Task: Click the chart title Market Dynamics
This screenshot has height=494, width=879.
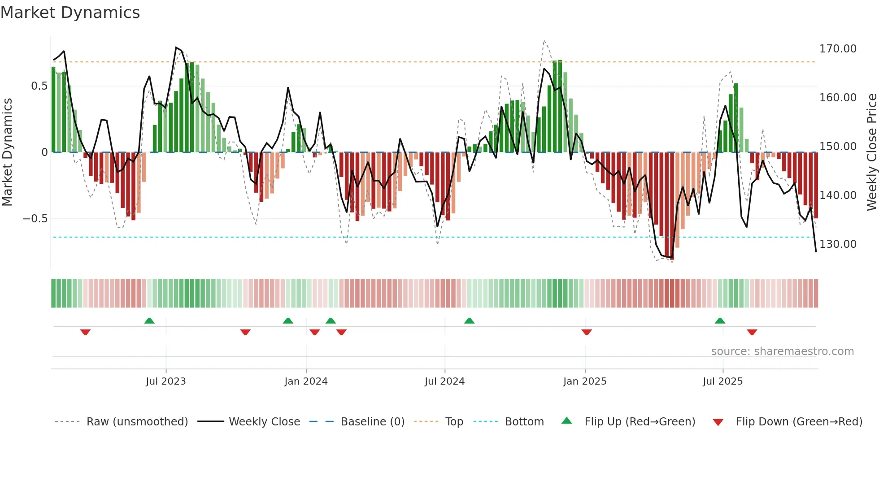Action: coord(70,13)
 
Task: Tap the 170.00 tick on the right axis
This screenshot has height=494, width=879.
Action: coord(837,49)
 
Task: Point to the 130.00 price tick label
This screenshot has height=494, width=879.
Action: coord(837,244)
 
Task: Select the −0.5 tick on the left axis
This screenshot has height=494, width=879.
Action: coord(35,219)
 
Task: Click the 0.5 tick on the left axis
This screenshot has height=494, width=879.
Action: coord(39,86)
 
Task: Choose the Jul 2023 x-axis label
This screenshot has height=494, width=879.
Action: coord(165,381)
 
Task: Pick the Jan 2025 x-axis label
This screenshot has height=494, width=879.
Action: coord(584,381)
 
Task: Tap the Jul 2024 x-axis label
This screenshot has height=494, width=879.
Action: coord(444,381)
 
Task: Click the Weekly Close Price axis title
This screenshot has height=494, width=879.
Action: coord(871,152)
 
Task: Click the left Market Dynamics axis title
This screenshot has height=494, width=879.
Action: coord(7,152)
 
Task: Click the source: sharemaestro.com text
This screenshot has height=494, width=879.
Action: coord(782,351)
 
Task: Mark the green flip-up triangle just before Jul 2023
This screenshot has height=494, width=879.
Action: coord(149,321)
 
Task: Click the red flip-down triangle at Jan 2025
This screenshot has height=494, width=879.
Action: coord(587,332)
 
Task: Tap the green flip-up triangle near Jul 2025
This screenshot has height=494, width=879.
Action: coord(720,321)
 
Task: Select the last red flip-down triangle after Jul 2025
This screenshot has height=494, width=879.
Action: coord(752,332)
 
